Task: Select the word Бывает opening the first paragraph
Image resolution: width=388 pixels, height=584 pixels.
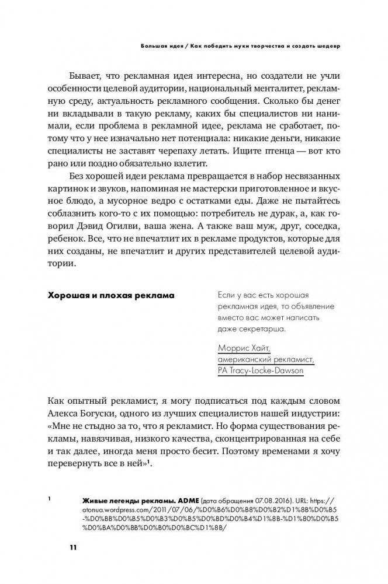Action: point(86,76)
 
